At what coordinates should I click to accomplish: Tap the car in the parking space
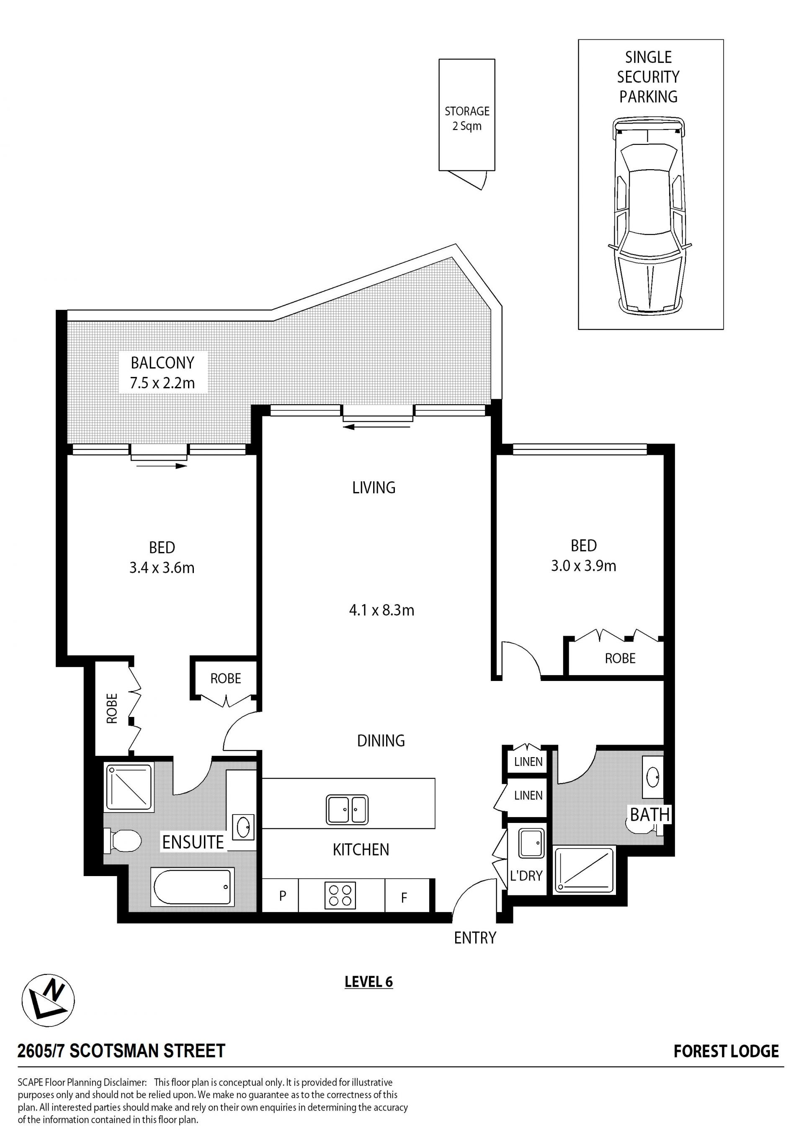[x=649, y=216]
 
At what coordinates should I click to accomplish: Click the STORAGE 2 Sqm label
[x=467, y=119]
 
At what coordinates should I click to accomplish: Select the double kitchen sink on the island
[x=347, y=810]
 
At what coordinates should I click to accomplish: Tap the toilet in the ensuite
[x=122, y=841]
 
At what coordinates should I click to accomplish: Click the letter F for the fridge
[x=404, y=897]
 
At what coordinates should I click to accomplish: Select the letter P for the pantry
[x=283, y=896]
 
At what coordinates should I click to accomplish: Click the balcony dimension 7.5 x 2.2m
[x=162, y=383]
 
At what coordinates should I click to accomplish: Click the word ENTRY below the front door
[x=475, y=938]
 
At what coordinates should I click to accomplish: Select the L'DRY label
[x=526, y=876]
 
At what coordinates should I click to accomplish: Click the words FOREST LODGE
[x=726, y=1051]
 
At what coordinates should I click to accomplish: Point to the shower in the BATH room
[x=584, y=870]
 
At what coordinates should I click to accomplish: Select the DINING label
[x=381, y=741]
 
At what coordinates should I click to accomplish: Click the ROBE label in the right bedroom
[x=620, y=658]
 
